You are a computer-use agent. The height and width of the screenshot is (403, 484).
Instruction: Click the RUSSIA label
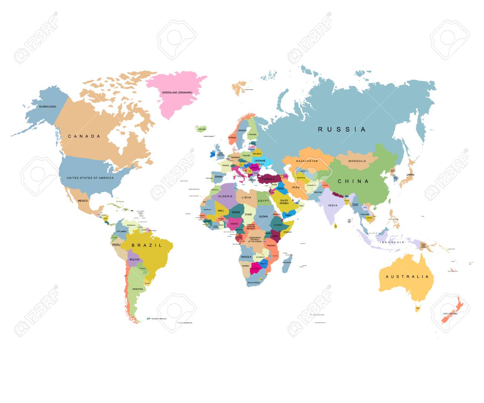coord(342,129)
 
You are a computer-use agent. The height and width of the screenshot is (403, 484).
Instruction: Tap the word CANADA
coord(84,137)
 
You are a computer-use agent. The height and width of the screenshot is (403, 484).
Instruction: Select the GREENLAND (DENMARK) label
coord(177,93)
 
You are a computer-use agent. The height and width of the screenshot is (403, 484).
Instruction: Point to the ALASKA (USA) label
coord(48,107)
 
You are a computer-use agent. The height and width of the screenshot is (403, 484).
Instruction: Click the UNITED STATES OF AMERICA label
coord(90,178)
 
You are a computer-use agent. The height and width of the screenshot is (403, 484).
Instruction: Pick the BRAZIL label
coord(147,246)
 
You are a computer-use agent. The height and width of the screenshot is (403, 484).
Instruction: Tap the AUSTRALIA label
coord(407,277)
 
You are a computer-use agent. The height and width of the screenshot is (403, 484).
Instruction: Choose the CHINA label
coord(353,182)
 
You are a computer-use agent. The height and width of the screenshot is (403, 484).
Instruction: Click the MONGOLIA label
coord(357,161)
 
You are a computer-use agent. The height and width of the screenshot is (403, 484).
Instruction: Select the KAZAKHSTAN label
coord(307,161)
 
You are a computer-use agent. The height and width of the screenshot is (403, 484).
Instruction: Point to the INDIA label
coord(332,205)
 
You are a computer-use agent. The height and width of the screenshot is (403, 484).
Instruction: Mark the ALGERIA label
coord(225,196)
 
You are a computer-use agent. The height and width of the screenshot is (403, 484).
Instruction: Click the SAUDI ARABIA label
coord(284,202)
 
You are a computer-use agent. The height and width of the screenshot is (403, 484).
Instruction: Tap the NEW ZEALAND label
coord(450,314)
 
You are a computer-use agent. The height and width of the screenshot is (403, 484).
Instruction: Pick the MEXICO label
coord(83,201)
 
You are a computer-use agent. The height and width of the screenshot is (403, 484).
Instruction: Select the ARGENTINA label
coord(137,289)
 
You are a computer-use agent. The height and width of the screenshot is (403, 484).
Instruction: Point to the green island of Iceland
coord(201,129)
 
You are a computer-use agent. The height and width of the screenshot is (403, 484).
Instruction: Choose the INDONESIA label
coord(392,242)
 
